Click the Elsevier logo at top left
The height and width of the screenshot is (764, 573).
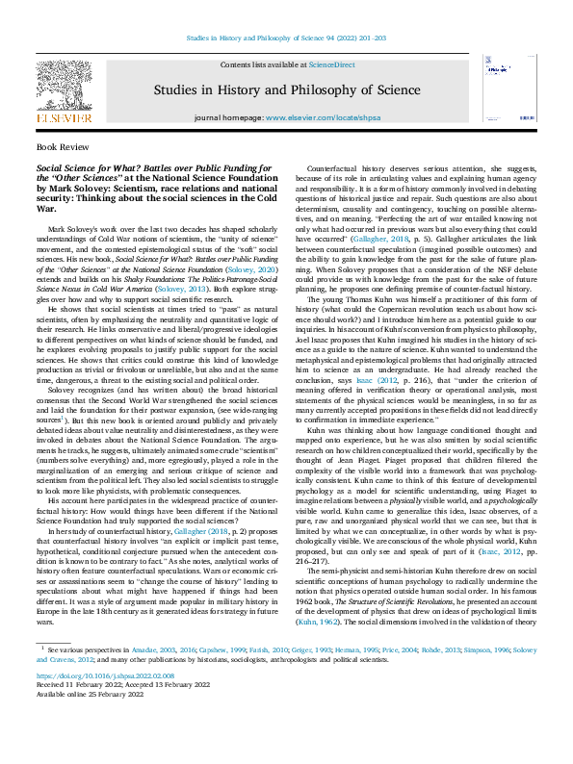click(64, 91)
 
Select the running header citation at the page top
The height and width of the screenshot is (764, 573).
click(285, 39)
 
